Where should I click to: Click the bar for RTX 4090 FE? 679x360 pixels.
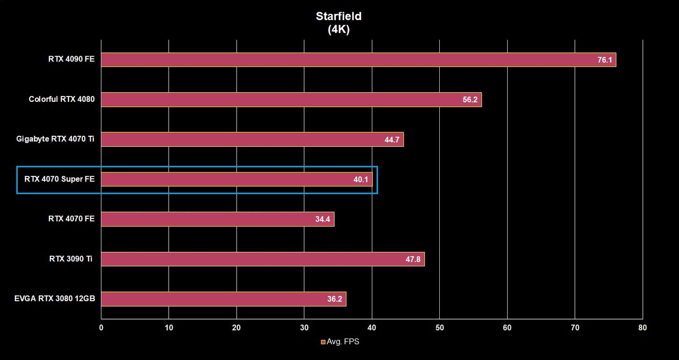click(x=359, y=60)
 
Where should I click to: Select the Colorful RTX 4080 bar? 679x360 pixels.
click(x=291, y=100)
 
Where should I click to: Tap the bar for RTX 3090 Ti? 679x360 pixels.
click(x=263, y=259)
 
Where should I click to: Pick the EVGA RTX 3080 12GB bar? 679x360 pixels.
click(x=224, y=299)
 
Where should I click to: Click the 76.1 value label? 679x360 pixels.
click(x=605, y=60)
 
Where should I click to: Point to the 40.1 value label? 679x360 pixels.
click(x=361, y=180)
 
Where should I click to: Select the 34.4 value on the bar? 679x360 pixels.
click(x=323, y=219)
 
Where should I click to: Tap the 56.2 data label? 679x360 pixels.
click(x=470, y=100)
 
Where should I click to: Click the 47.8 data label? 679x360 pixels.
click(x=413, y=259)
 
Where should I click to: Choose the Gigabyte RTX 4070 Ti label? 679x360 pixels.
click(x=55, y=139)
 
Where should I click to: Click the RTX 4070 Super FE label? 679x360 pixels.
click(x=59, y=179)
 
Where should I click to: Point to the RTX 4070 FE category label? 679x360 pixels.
click(x=72, y=219)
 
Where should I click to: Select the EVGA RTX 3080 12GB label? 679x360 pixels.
click(x=55, y=298)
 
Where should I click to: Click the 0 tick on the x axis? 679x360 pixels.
click(x=101, y=328)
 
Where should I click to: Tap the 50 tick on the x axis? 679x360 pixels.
click(x=440, y=328)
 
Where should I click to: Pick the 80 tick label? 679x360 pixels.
click(x=642, y=328)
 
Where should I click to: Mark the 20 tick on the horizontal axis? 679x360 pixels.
click(x=237, y=328)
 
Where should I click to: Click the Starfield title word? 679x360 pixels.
click(x=338, y=16)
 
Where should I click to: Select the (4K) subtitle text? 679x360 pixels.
click(x=338, y=29)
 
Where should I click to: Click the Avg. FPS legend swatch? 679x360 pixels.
click(x=323, y=342)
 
